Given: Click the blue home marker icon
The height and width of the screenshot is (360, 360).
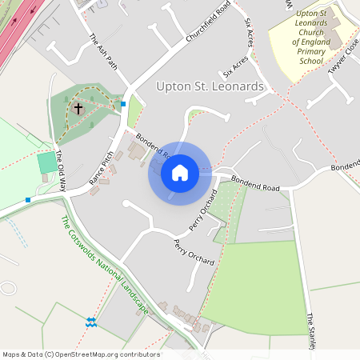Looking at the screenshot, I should (x=180, y=172).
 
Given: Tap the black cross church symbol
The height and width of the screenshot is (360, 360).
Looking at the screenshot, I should (x=78, y=107).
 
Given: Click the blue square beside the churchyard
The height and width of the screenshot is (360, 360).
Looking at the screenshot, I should (x=123, y=103).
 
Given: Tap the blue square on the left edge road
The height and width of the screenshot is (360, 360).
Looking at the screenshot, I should (x=28, y=199).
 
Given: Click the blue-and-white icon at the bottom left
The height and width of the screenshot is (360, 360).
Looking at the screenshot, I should (x=90, y=322).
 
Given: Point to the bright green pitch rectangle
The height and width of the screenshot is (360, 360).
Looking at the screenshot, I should (x=48, y=162).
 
